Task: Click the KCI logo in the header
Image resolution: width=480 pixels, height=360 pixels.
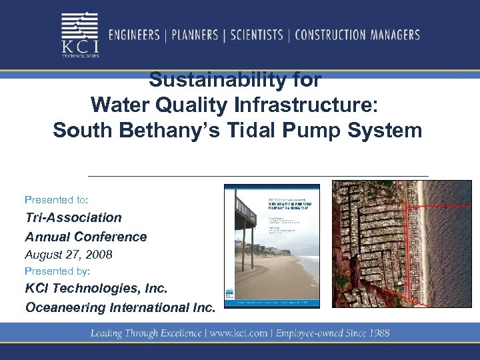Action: click(x=81, y=35)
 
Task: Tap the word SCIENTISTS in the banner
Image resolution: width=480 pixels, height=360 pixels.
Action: click(x=257, y=35)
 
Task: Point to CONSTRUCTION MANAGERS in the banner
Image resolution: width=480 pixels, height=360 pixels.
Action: click(x=357, y=35)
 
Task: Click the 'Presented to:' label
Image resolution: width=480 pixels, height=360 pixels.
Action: click(x=57, y=199)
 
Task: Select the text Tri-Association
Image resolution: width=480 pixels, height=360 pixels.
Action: click(x=73, y=217)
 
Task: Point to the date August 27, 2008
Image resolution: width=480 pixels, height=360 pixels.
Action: click(x=69, y=254)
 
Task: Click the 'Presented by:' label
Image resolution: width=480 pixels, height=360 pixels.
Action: click(x=57, y=271)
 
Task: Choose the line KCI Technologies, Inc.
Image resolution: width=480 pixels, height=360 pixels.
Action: click(x=96, y=289)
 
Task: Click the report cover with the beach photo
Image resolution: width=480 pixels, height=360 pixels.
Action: click(x=272, y=246)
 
